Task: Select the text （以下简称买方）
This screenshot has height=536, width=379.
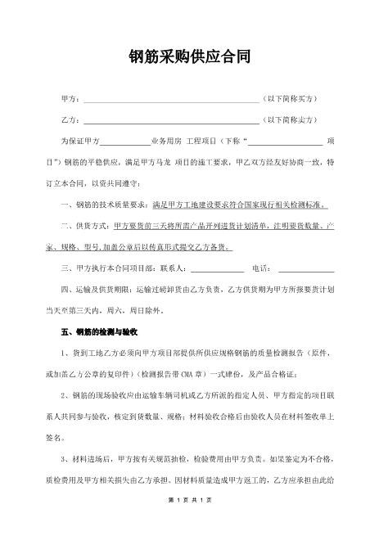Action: [x=290, y=99]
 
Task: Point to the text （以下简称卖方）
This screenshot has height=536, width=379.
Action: [x=290, y=119]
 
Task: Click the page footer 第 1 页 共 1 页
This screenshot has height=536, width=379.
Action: [x=189, y=522]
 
